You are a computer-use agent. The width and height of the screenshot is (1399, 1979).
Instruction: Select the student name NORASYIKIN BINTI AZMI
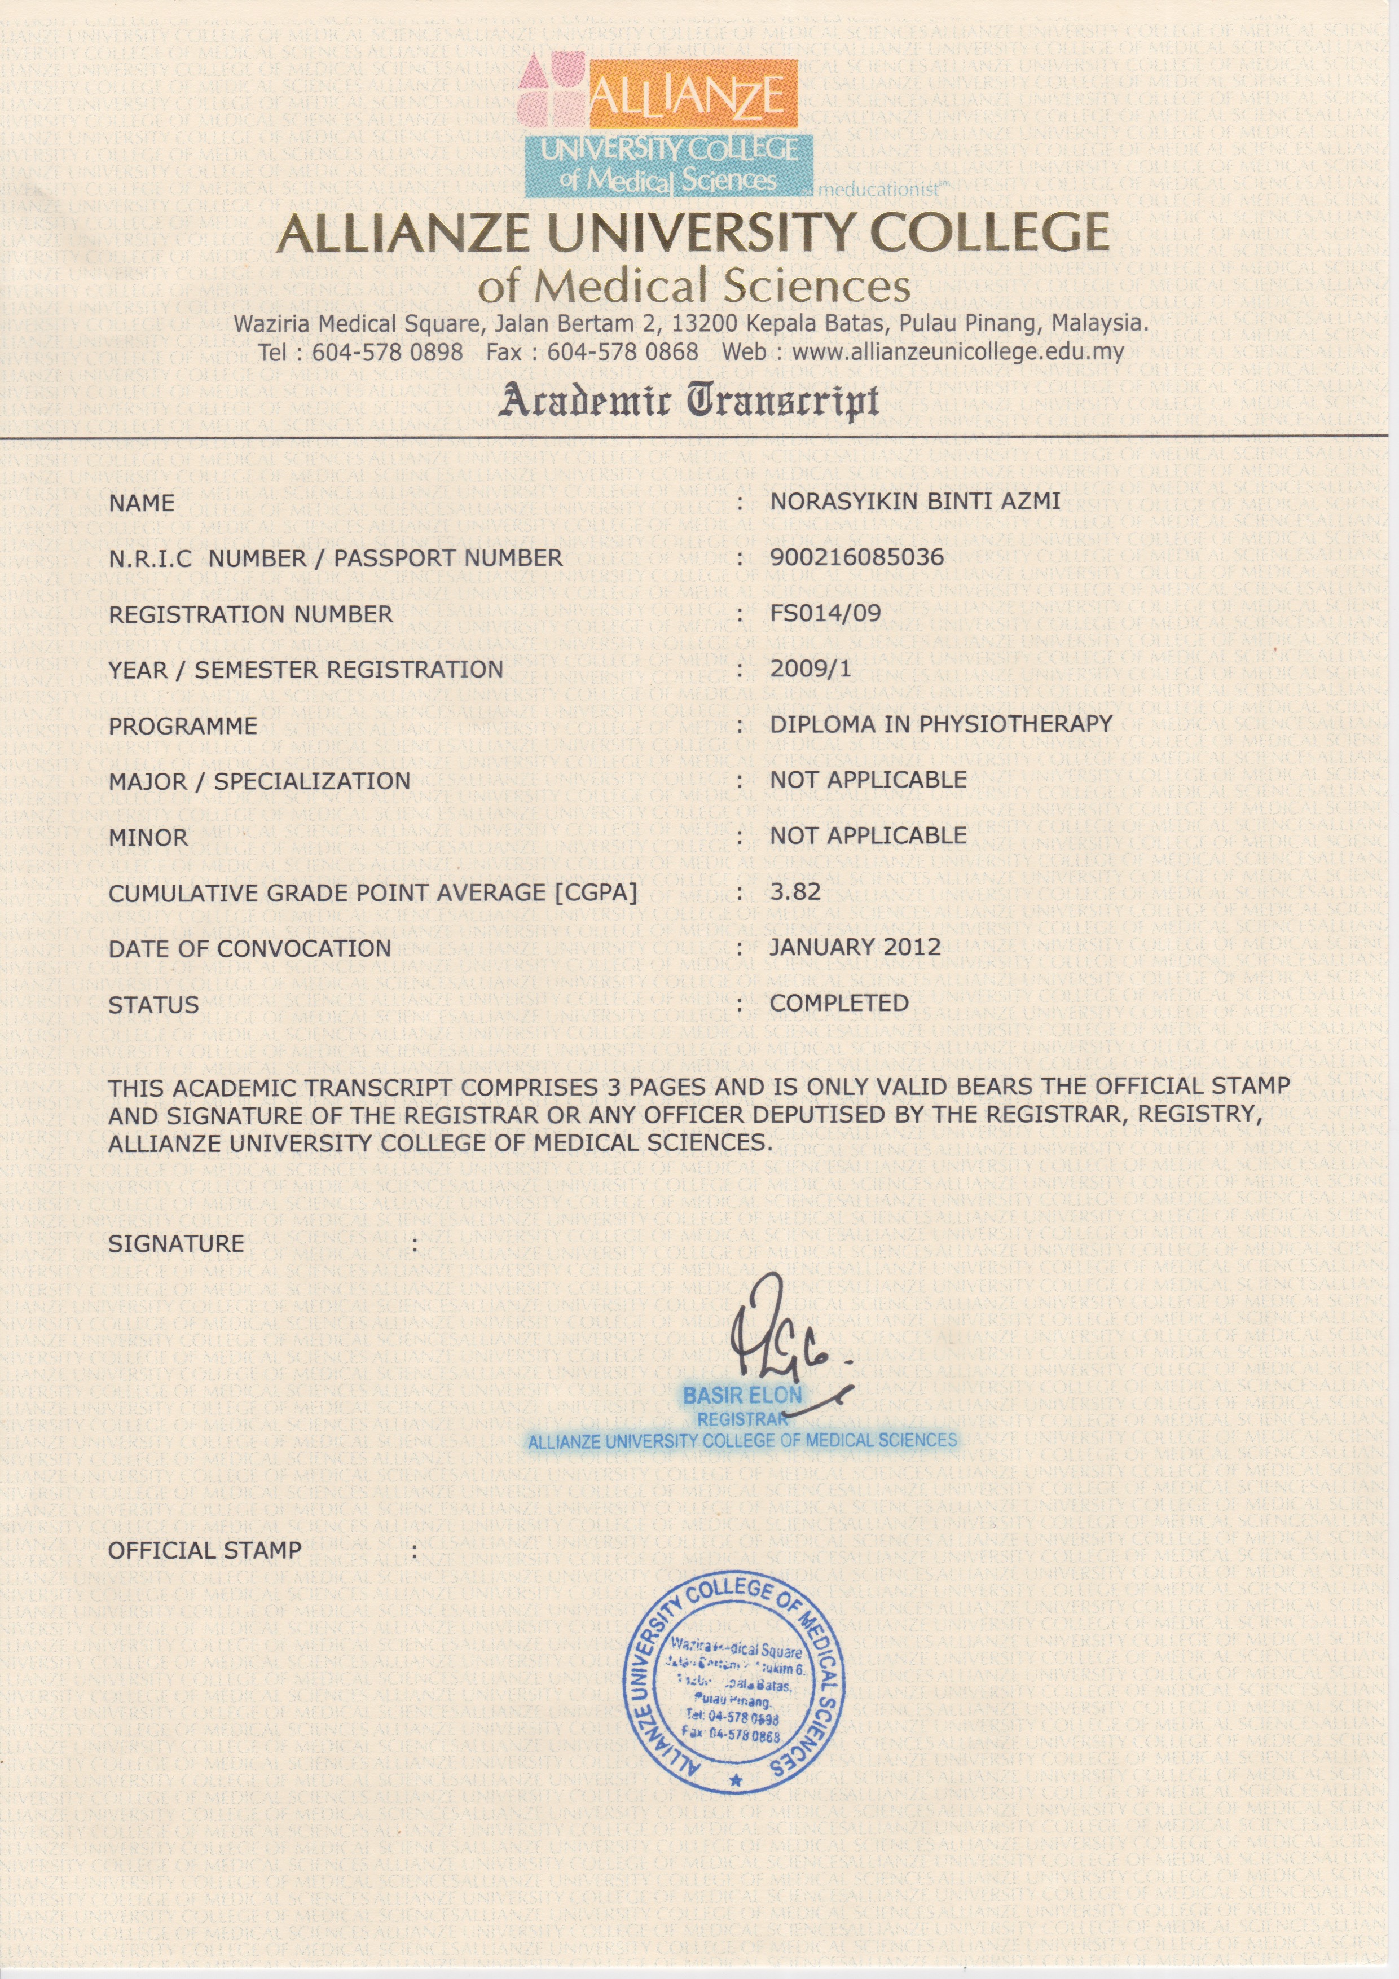[x=914, y=501]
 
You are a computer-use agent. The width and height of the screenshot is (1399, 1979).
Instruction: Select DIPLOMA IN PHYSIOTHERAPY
[x=940, y=724]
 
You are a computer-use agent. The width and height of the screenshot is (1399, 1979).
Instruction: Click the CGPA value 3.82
[x=795, y=891]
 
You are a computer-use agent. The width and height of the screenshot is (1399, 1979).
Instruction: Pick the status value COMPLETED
[x=839, y=1003]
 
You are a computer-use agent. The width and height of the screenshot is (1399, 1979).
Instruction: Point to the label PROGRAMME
[x=183, y=725]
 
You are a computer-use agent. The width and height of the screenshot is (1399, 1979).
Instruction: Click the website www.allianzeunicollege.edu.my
[x=958, y=351]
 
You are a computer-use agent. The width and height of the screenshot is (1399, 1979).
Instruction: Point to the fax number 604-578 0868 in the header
[x=622, y=351]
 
